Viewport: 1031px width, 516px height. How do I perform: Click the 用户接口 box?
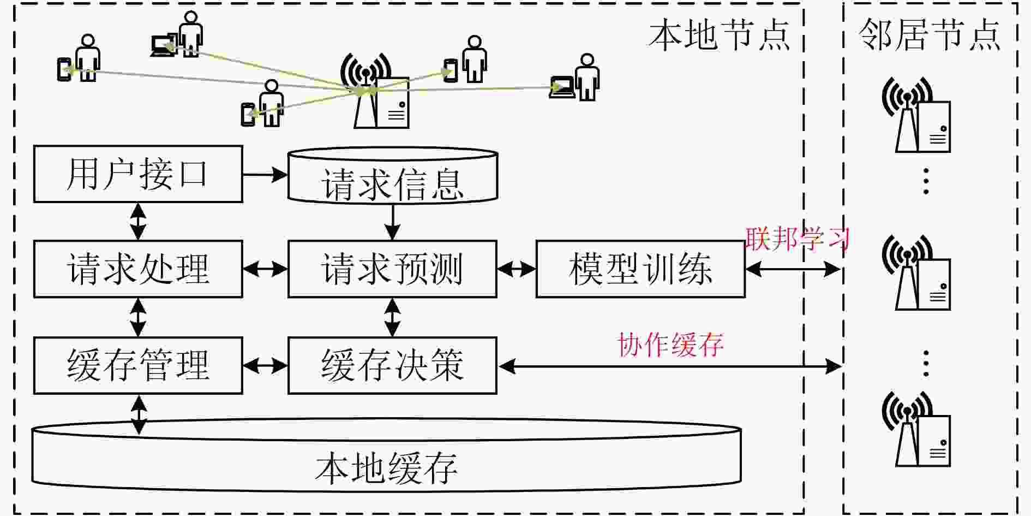[138, 174]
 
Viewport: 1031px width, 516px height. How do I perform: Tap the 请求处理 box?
[138, 269]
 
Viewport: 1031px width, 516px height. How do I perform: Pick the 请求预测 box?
[392, 269]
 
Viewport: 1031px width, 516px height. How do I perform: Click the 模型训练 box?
[640, 269]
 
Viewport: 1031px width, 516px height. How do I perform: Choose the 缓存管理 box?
[138, 365]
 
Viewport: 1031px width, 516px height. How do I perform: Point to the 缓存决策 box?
[392, 365]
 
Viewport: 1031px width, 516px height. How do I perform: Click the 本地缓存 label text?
[386, 468]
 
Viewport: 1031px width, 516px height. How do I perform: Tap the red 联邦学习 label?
[798, 239]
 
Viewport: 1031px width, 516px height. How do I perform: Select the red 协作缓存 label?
[670, 345]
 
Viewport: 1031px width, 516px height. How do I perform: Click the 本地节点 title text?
[719, 35]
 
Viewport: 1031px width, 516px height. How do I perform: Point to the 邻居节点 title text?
[930, 34]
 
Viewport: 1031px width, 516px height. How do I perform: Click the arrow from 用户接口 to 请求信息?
[265, 175]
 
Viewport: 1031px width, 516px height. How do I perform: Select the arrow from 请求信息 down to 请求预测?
[393, 222]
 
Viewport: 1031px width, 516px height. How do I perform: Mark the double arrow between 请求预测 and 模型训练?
[517, 269]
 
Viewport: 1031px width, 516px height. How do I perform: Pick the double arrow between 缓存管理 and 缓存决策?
[265, 365]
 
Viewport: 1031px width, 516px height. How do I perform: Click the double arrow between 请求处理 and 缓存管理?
[139, 317]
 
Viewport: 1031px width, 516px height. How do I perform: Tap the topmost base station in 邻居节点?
[917, 115]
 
